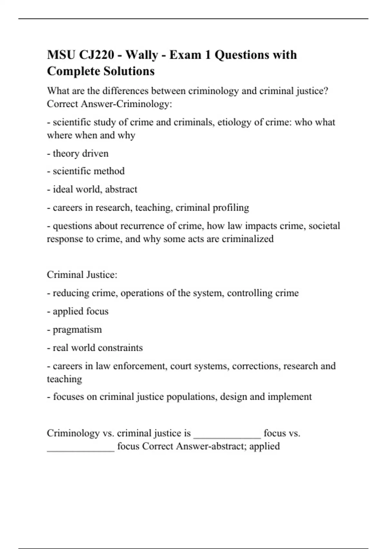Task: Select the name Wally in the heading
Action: click(142, 55)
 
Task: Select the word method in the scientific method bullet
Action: click(108, 171)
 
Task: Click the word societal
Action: click(324, 226)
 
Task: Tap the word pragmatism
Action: click(77, 330)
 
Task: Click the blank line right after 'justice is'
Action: click(227, 436)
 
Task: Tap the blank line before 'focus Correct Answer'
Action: click(81, 449)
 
